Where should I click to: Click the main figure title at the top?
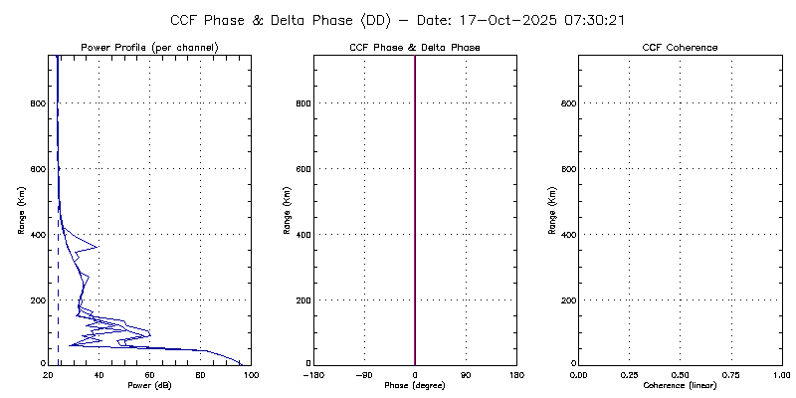[397, 20]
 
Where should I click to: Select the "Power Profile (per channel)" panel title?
[149, 48]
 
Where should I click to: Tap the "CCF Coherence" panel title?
[680, 48]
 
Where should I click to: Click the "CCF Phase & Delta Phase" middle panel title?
[415, 48]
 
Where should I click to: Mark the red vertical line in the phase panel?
[415, 199]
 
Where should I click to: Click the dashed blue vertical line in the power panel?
[58, 298]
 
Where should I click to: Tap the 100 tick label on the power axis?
[251, 374]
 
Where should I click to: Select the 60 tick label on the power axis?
[149, 374]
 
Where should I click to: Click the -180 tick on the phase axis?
[312, 374]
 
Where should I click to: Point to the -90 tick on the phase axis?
[363, 374]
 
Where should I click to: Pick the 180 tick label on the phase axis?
[516, 374]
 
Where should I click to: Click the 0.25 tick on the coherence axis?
[629, 374]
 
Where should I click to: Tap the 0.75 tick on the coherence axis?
[730, 374]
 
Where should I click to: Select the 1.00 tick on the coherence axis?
[781, 374]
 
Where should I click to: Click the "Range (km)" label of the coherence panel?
[551, 210]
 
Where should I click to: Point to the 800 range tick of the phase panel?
[302, 103]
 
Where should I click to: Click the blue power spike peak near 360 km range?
[98, 246]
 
